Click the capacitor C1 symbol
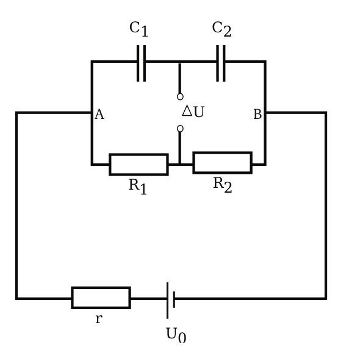click(141, 62)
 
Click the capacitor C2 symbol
click(220, 62)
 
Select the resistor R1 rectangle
click(139, 164)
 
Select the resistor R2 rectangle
click(222, 162)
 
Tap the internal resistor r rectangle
click(101, 298)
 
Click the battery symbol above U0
click(170, 299)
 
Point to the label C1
click(139, 29)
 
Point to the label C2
click(221, 29)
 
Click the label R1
click(137, 186)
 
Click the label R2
click(222, 184)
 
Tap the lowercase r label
click(98, 319)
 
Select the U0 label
click(176, 335)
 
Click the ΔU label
click(193, 112)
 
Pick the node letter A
click(99, 115)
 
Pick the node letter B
click(257, 115)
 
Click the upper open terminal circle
click(180, 96)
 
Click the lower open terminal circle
click(180, 129)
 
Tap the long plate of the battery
click(167, 299)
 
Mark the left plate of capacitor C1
click(138, 62)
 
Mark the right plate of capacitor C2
click(224, 62)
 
